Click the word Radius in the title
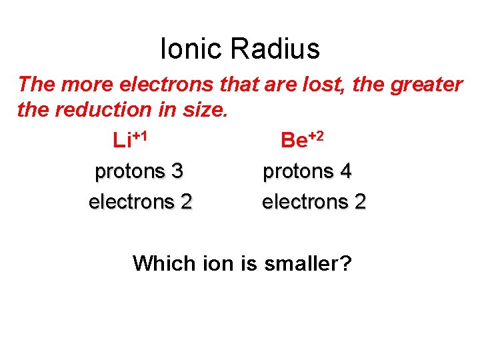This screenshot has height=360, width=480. point(275,49)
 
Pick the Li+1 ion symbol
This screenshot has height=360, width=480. point(130,139)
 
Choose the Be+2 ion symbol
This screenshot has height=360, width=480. point(303,139)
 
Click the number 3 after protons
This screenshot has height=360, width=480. point(177,171)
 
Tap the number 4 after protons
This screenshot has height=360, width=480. point(345,171)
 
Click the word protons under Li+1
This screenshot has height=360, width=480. point(130,171)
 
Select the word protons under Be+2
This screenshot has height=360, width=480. point(298,171)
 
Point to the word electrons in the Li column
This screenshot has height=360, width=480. point(131,201)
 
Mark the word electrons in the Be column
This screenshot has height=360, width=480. point(305,201)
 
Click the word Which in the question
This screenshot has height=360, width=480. point(164,264)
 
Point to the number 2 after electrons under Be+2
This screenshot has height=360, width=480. point(360,201)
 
